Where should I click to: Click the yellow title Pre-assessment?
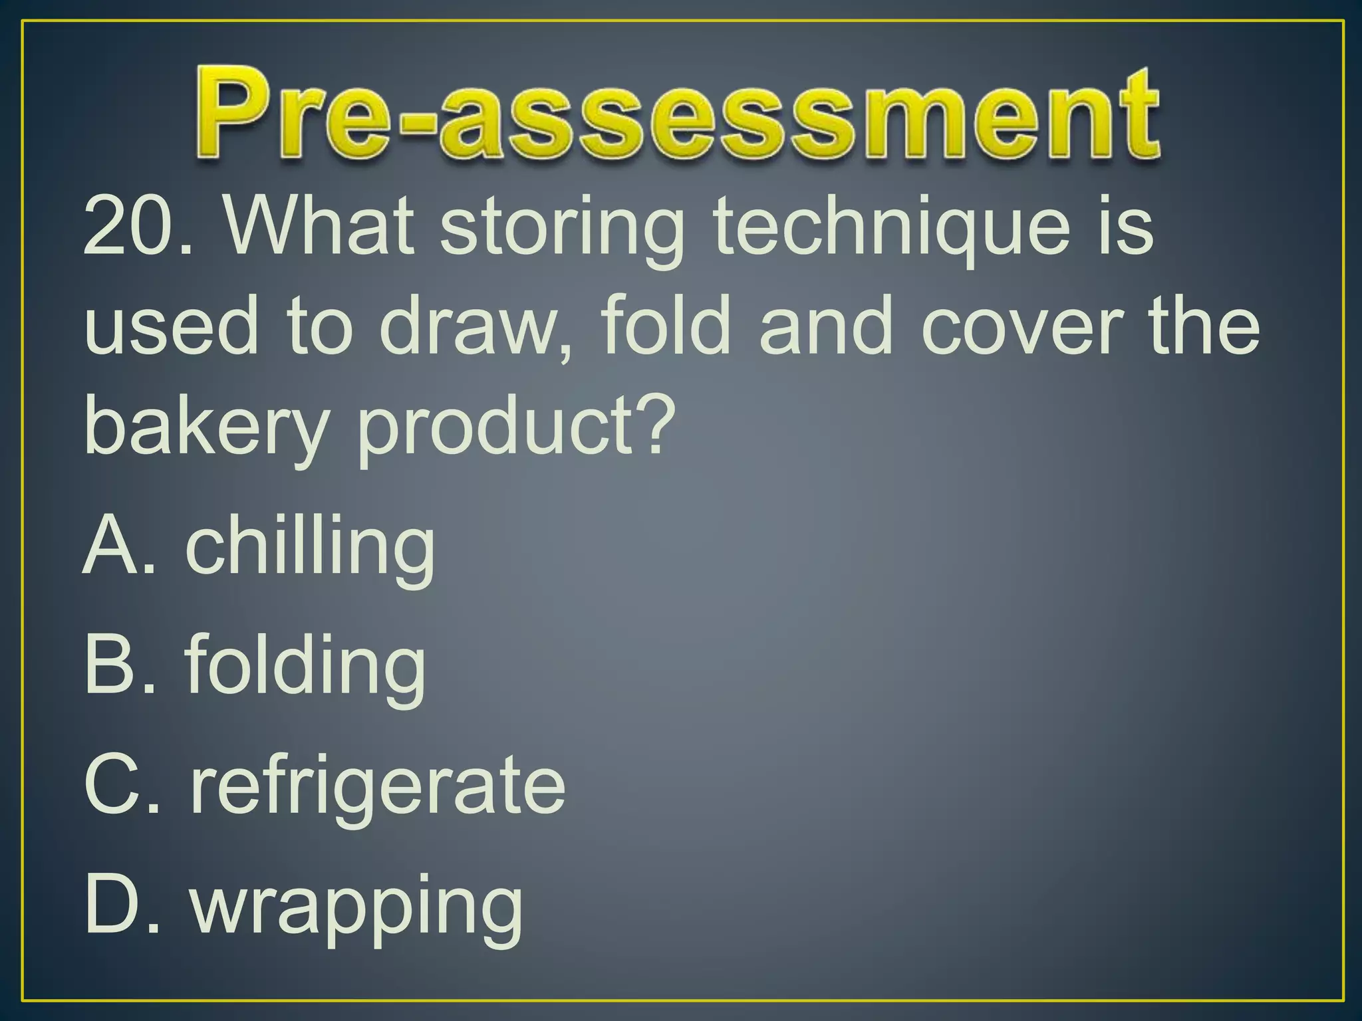pyautogui.click(x=678, y=113)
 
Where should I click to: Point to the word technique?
pyautogui.click(x=891, y=229)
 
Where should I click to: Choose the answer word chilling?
pyautogui.click(x=309, y=548)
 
